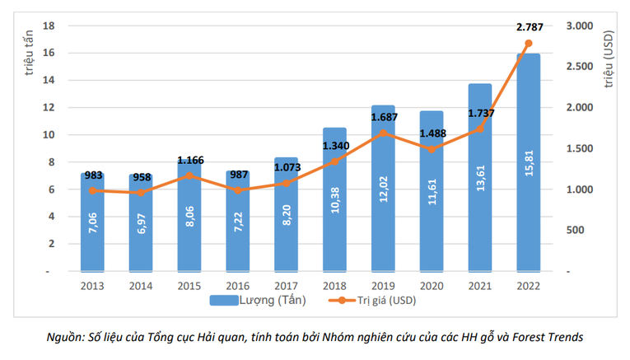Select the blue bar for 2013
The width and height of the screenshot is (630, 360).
pyautogui.click(x=92, y=222)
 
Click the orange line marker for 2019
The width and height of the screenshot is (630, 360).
pyautogui.click(x=383, y=133)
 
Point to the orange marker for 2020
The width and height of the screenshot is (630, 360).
pyautogui.click(x=432, y=149)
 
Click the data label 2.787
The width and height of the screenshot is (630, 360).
pyautogui.click(x=529, y=27)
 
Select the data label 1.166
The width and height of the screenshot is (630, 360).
pyautogui.click(x=189, y=160)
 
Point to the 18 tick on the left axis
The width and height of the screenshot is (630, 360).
pyautogui.click(x=49, y=26)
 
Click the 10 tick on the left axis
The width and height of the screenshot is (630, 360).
pyautogui.click(x=49, y=135)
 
